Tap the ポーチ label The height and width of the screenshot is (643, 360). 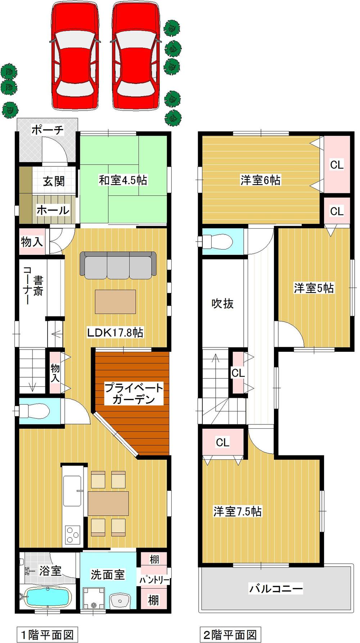coord(48,130)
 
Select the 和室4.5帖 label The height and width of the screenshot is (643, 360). coord(123,180)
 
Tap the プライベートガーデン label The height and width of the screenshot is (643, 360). coord(134,394)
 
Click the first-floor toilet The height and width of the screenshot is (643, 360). coord(34,410)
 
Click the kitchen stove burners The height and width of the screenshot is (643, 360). coord(72,534)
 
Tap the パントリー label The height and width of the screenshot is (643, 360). coord(154,580)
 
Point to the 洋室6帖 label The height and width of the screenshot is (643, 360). coord(260,180)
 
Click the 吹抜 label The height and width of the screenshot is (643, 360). coord(222,303)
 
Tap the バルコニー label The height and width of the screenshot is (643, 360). coord(276,589)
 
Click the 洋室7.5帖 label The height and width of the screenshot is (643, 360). coord(238,511)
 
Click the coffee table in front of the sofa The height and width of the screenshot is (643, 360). coord(116,301)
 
